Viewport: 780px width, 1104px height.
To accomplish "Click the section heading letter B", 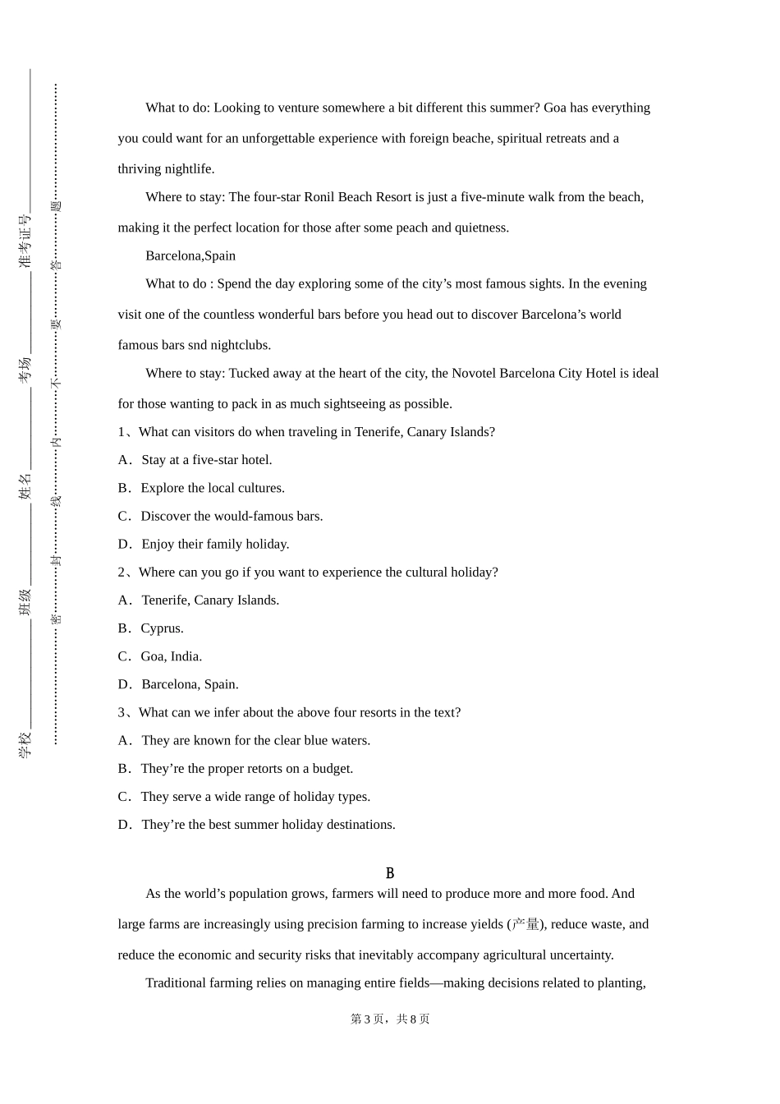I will (390, 873).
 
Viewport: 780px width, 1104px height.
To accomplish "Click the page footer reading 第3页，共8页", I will (390, 1019).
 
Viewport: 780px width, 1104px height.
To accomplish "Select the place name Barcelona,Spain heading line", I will (190, 255).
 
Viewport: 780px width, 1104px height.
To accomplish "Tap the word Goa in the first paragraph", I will (555, 108).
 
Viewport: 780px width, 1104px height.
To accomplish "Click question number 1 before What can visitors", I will (122, 432).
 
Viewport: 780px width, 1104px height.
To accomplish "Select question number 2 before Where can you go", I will (122, 573).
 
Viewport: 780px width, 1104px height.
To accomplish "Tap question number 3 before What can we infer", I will (122, 713).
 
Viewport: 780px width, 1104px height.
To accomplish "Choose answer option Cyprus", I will (162, 628).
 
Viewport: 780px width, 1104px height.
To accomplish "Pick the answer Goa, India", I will (171, 656).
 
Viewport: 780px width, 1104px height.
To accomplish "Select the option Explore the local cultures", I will (213, 488).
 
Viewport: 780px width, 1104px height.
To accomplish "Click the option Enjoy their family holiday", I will (215, 544).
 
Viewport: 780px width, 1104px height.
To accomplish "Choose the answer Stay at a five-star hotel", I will (206, 460).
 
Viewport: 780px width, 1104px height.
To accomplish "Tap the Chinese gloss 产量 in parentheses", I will (525, 924).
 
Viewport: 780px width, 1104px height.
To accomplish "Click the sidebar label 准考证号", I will (25, 241).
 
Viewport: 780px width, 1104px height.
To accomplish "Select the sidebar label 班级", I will (25, 602).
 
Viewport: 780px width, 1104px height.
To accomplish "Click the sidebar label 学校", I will (25, 744).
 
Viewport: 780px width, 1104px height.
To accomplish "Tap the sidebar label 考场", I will (25, 370).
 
